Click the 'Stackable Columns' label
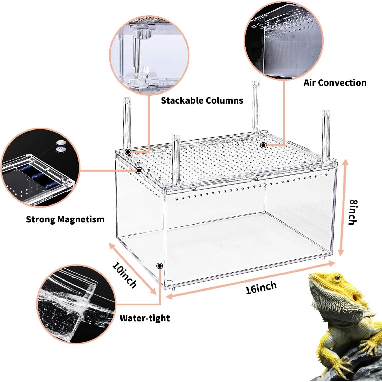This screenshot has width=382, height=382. pyautogui.click(x=202, y=100)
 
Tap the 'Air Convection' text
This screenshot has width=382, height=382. pyautogui.click(x=335, y=83)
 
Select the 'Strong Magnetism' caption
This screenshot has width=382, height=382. pyautogui.click(x=65, y=219)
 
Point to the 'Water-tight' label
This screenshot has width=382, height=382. pyautogui.click(x=145, y=318)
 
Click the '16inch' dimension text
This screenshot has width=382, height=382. pyautogui.click(x=261, y=287)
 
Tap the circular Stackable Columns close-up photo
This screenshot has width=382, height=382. pyautogui.click(x=149, y=55)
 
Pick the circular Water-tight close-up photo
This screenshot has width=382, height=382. pyautogui.click(x=76, y=304)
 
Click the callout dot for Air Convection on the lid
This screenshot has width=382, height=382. pyautogui.click(x=263, y=145)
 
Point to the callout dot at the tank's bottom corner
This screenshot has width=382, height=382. pyautogui.click(x=160, y=266)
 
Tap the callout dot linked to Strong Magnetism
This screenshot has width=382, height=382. pyautogui.click(x=139, y=170)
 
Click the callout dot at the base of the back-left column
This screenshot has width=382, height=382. pyautogui.click(x=128, y=152)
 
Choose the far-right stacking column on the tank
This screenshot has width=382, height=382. pyautogui.click(x=326, y=136)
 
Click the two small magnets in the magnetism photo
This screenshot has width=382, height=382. pyautogui.click(x=60, y=146)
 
